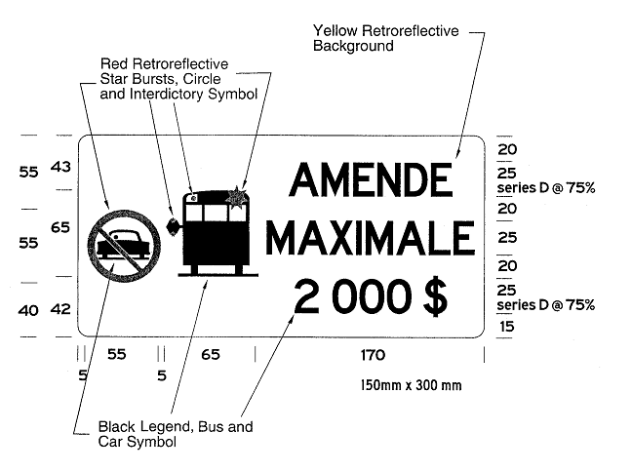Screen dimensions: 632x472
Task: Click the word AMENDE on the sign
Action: pos(371,179)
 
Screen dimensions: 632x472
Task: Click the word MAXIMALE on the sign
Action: pos(370,238)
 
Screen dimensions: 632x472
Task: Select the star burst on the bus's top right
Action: pos(236,198)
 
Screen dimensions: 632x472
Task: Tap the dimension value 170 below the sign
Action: pos(373,355)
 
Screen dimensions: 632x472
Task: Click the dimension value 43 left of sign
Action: pos(60,167)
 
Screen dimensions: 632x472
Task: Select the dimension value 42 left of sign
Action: pos(60,309)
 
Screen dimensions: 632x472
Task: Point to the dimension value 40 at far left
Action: pos(28,310)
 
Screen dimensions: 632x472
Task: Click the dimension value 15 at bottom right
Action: pos(506,326)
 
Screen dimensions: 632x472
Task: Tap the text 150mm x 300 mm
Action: pos(411,385)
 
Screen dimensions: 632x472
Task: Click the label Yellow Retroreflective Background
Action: pos(386,38)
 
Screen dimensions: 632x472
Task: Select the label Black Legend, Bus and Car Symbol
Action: pos(176,434)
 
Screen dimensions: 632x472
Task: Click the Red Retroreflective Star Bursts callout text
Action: pos(178,79)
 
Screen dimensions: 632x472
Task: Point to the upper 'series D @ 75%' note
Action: pos(546,188)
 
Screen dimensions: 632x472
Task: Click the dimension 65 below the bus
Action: pos(211,355)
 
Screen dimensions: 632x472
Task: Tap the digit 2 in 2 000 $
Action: pos(306,297)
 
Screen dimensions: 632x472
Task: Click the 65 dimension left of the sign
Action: pos(60,228)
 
